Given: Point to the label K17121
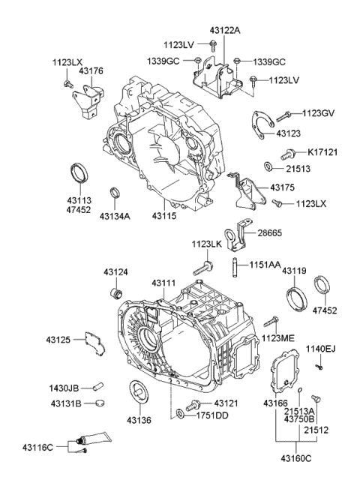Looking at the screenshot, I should click(x=324, y=151).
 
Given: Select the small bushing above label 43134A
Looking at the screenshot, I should click(x=115, y=194).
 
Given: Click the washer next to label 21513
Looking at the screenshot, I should click(x=268, y=166).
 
